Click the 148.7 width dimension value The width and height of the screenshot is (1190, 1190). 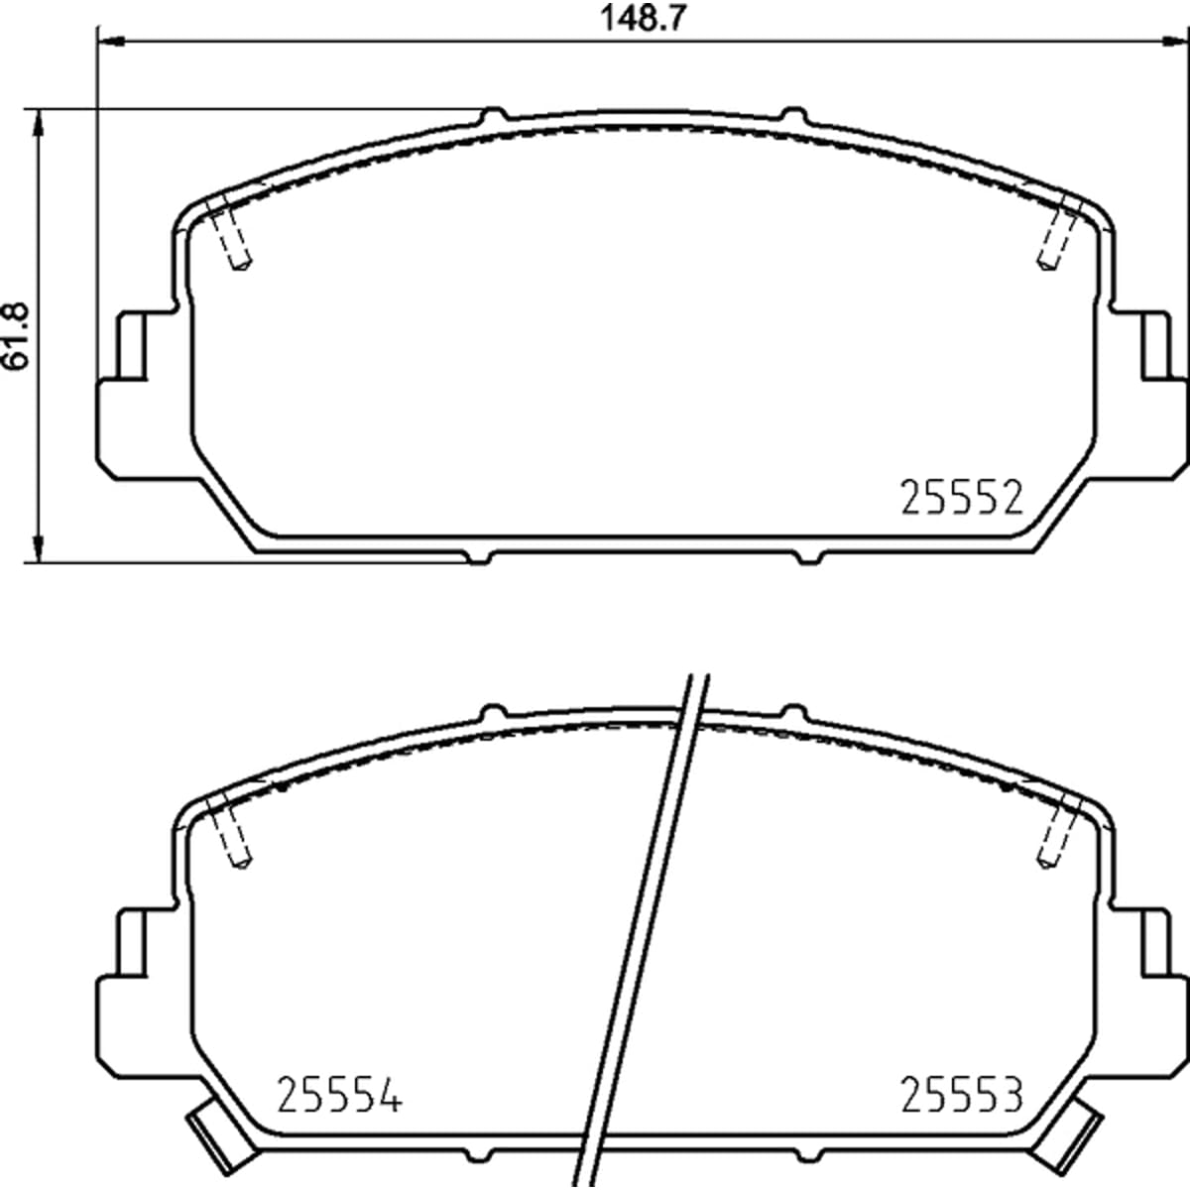(643, 19)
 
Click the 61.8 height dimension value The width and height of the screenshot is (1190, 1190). (16, 336)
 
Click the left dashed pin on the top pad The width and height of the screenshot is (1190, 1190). (230, 235)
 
